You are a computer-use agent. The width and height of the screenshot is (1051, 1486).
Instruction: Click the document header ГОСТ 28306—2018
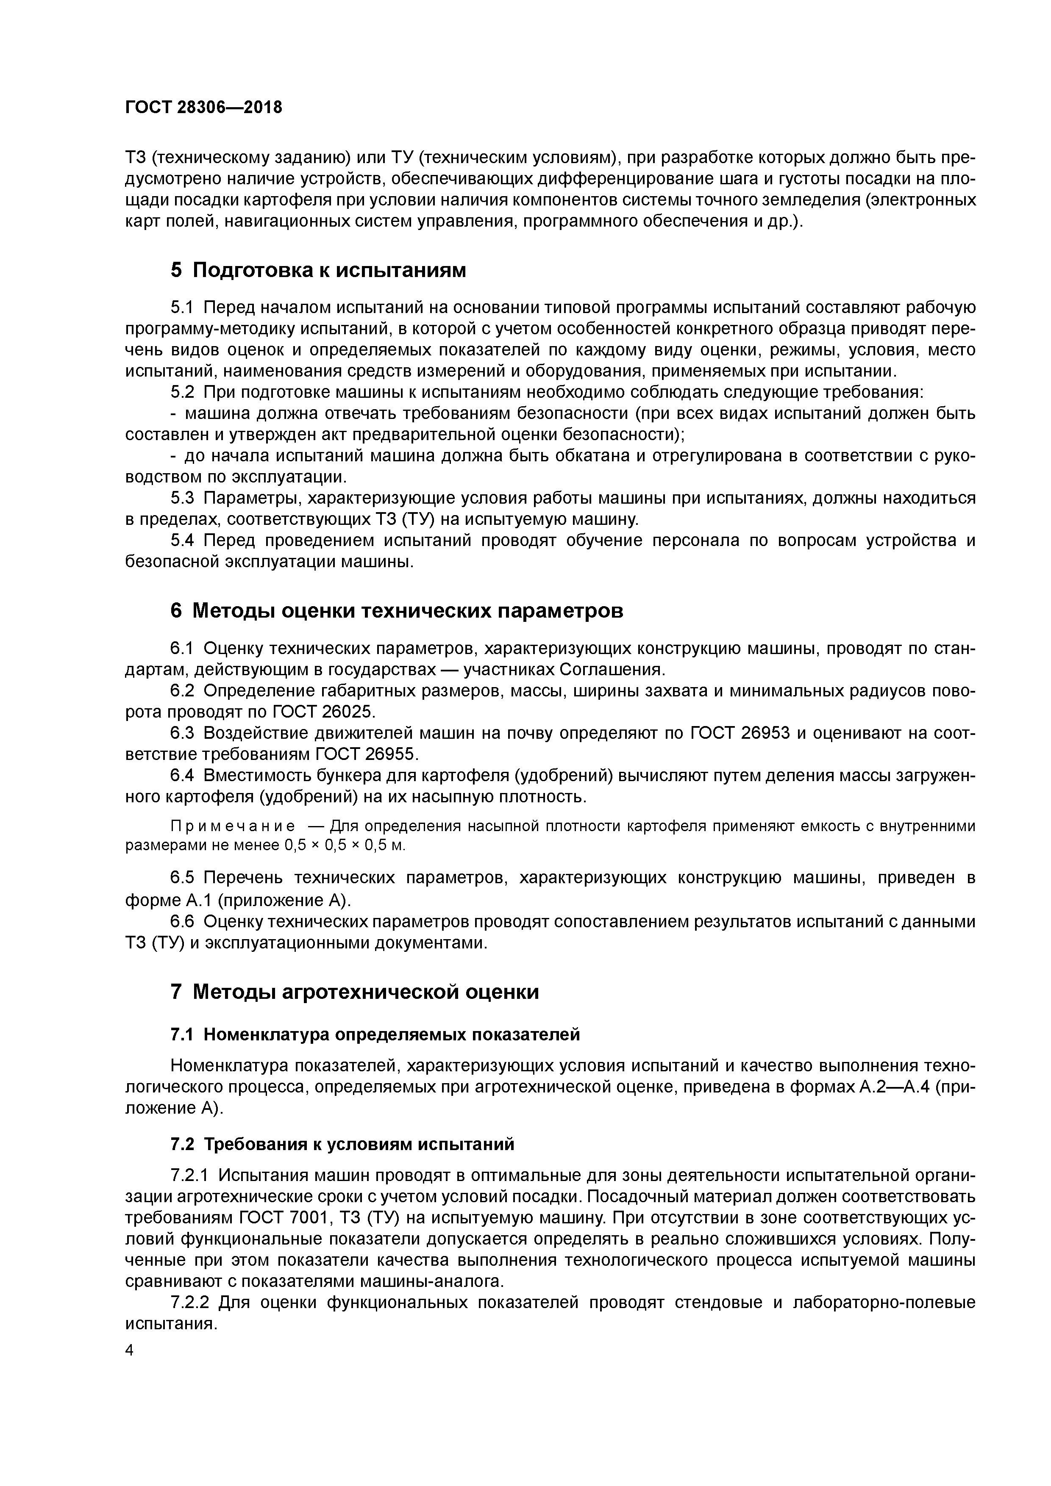203,108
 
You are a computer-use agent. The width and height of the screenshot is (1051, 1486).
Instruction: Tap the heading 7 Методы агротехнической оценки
354,992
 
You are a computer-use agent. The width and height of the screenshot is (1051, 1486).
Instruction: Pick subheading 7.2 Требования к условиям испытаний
342,1144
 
